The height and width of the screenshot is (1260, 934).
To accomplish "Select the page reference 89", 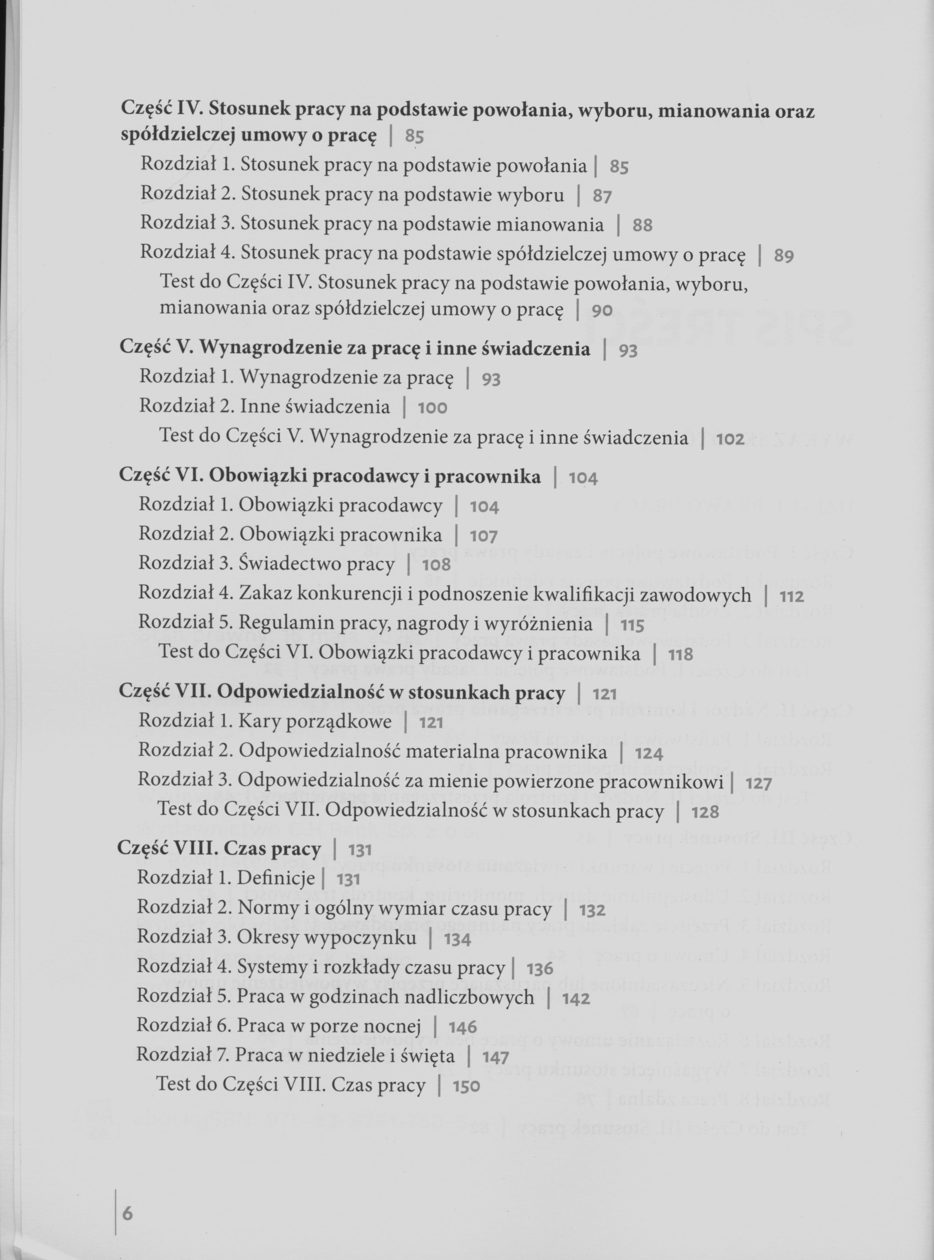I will (784, 256).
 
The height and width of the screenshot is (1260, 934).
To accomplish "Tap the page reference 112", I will (792, 596).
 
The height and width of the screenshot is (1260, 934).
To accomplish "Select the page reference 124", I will (648, 753).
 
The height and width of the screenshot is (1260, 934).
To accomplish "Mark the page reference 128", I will (705, 813).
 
